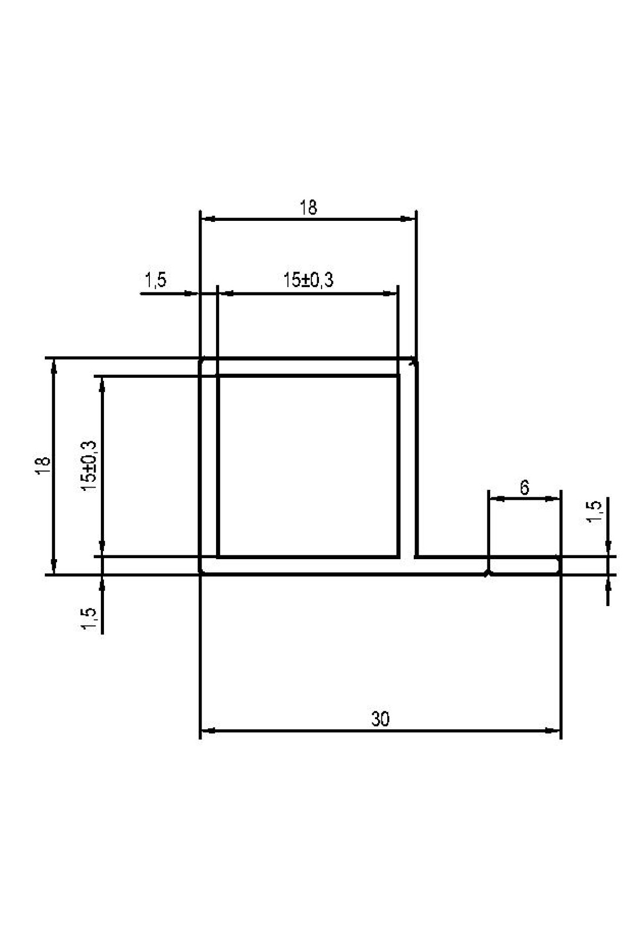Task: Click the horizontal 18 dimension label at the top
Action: [x=308, y=207]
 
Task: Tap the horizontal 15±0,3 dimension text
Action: [x=308, y=280]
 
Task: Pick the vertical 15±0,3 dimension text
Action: [x=89, y=466]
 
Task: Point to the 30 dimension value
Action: [x=380, y=719]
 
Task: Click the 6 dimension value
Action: [x=524, y=487]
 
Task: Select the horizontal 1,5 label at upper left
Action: [x=156, y=280]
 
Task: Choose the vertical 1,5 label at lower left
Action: [x=90, y=619]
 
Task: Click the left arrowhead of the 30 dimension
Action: [x=207, y=731]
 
